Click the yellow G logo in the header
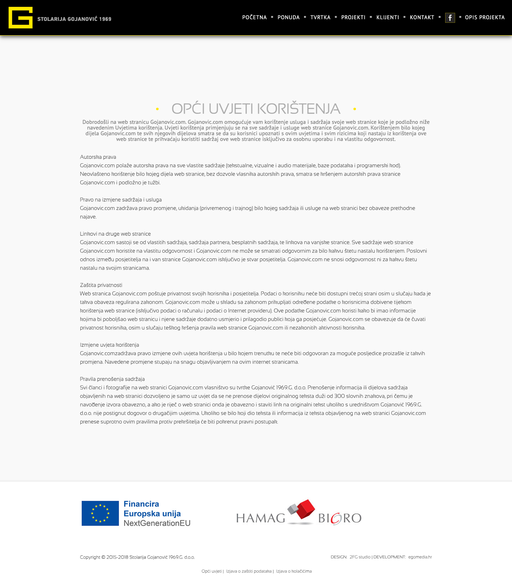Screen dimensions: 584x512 tap(21, 17)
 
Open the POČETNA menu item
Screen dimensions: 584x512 tap(254, 17)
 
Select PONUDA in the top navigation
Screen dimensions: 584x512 tap(288, 17)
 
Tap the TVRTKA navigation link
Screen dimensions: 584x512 tap(320, 17)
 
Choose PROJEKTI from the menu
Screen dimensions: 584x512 tap(353, 17)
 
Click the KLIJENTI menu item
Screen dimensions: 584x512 tap(388, 17)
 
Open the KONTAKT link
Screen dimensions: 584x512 tap(422, 17)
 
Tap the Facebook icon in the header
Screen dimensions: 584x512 tap(450, 18)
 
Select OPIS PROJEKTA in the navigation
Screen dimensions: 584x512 tap(485, 17)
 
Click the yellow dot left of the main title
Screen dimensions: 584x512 tap(157, 109)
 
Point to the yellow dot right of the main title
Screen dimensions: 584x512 tap(354, 109)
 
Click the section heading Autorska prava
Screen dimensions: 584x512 tap(98, 157)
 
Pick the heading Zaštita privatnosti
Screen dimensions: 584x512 tap(101, 285)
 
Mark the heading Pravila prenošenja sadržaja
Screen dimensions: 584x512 tap(112, 379)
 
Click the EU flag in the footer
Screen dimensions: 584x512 tap(100, 513)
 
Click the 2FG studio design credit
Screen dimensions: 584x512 tap(360, 557)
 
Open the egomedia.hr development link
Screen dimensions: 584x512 tap(420, 557)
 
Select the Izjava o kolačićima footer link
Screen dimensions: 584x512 tap(294, 571)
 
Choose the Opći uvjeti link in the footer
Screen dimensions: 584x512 tap(211, 571)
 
